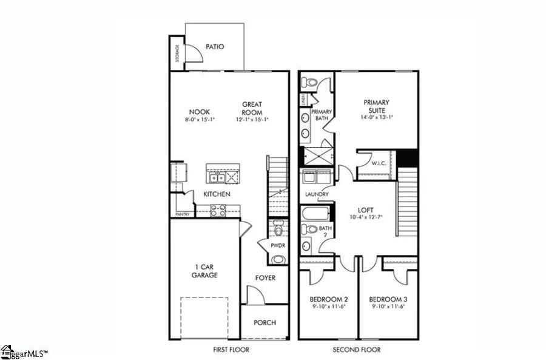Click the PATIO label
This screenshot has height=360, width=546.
point(215,46)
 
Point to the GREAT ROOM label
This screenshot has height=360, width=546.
point(252,108)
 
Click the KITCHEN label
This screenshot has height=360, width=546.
point(217,194)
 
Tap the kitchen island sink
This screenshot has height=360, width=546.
point(217,177)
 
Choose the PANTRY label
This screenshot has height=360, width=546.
point(182,214)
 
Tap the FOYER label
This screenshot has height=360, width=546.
point(265,278)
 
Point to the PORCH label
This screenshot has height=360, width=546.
point(265,322)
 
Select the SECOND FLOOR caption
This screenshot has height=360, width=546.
point(357,350)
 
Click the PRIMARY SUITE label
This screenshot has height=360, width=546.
point(376,106)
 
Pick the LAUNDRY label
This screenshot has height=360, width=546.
point(317,194)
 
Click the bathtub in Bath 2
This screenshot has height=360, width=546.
point(316,214)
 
